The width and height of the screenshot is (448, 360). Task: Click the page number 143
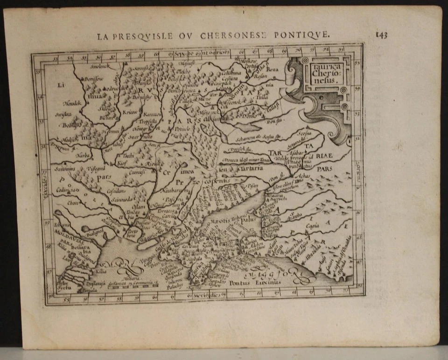click(381, 35)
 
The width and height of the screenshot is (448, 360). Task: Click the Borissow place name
click(94, 80)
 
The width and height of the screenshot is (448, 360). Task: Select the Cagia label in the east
click(312, 226)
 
